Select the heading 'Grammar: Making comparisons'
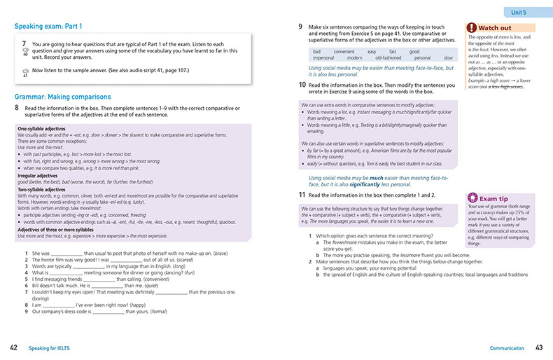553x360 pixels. pos(62,96)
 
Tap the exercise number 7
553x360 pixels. pos(24,43)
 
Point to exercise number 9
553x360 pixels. pos(300,27)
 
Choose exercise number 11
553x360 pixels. pos(300,193)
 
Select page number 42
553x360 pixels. pos(14,348)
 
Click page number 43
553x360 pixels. pos(539,348)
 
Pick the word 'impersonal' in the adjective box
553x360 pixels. pos(327,58)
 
